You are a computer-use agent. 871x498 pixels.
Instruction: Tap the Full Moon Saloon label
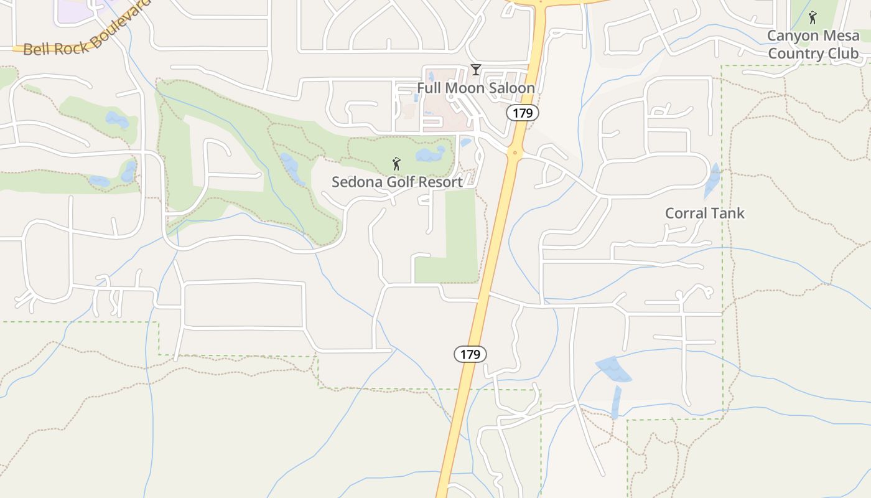click(475, 88)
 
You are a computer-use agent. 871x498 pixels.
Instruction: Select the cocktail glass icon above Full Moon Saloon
click(476, 70)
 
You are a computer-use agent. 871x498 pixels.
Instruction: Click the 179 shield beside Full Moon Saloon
click(522, 113)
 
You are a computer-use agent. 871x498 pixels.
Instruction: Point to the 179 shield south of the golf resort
click(470, 354)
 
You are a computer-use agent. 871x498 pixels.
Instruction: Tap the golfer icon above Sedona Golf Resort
click(396, 164)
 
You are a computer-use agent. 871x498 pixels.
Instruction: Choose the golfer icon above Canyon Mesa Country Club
click(812, 17)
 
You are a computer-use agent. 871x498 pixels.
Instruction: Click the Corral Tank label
click(704, 214)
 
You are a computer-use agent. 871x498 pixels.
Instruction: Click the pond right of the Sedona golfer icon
click(431, 153)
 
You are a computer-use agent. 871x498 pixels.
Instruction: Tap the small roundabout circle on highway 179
click(515, 152)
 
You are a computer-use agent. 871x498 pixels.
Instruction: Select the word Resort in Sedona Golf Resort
click(439, 182)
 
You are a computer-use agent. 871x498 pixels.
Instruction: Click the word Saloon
click(512, 88)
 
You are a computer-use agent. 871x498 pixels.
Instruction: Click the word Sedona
click(353, 182)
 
